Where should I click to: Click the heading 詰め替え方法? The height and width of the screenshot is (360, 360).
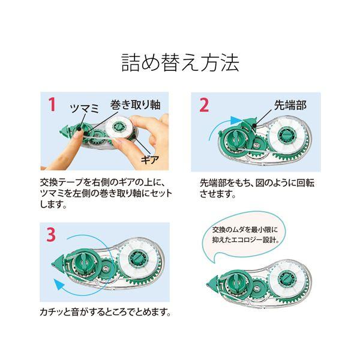(181, 62)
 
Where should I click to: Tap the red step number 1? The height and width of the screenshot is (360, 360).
(52, 104)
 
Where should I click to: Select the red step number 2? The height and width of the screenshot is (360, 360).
(203, 105)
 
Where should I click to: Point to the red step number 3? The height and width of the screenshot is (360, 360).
(51, 235)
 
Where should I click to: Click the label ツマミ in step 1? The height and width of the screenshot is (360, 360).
(85, 108)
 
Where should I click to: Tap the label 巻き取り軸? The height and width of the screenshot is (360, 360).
(135, 104)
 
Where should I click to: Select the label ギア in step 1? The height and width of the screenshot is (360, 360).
(150, 159)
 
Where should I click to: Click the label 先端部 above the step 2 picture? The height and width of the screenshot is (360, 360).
(290, 106)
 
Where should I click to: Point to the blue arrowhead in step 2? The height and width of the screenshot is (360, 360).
(235, 121)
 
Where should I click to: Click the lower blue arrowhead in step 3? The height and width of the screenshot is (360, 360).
(58, 284)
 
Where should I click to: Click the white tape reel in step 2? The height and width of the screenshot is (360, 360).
(287, 136)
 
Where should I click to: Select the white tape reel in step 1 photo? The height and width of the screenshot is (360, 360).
(119, 127)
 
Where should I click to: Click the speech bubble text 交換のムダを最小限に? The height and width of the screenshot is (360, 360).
(245, 229)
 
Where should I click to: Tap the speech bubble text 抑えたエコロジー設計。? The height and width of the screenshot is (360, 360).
(246, 240)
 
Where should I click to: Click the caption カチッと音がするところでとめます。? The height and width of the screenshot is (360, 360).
(106, 312)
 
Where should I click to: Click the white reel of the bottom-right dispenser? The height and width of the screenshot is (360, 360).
(287, 281)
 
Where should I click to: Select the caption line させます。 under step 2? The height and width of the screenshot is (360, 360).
(218, 194)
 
